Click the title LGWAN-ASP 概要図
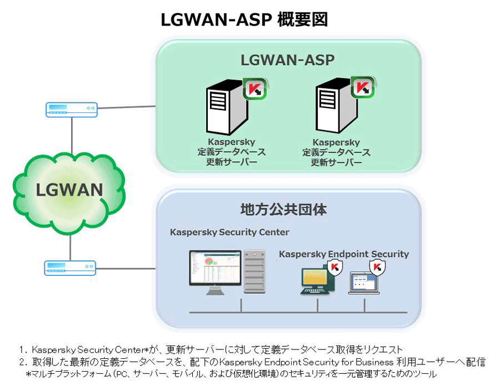244,19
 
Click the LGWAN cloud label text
69,190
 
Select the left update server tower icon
227,107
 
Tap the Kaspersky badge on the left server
255,88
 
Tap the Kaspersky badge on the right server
363,87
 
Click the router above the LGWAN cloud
72,110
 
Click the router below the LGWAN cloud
70,268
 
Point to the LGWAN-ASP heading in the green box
287,60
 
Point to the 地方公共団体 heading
283,210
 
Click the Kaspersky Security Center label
229,232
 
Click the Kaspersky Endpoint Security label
344,254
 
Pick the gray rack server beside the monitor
254,272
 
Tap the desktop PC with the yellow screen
317,282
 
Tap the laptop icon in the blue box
364,283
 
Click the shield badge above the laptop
377,268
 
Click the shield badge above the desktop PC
334,267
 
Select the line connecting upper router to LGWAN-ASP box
127,107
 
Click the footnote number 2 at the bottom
22,362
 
